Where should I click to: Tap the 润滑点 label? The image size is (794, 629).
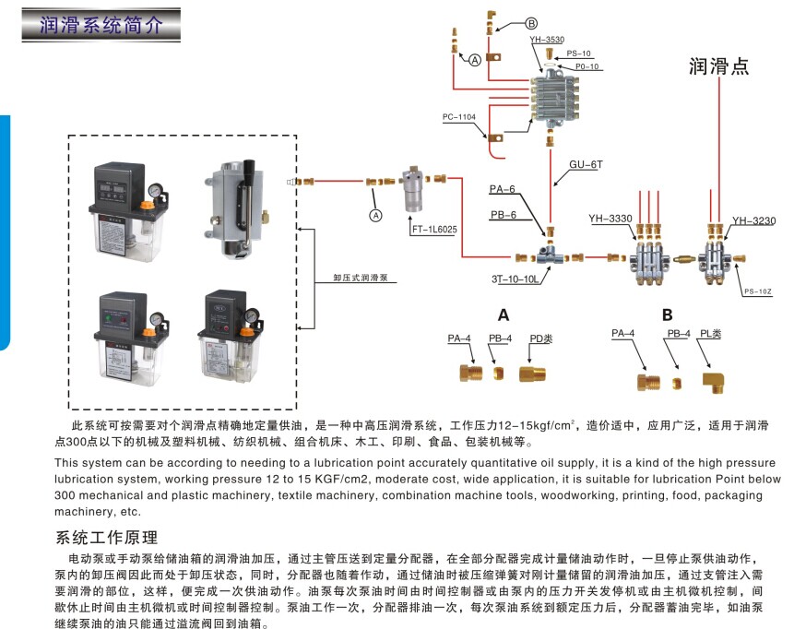(718, 66)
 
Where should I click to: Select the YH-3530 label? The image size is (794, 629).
(547, 42)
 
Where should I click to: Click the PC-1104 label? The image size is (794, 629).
(459, 117)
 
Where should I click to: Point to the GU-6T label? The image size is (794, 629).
(584, 165)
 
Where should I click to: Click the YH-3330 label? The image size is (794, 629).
(610, 219)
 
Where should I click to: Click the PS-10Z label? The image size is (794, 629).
(756, 291)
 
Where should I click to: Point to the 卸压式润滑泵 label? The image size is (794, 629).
(359, 277)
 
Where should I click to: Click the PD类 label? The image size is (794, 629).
(541, 338)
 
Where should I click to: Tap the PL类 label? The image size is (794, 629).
(710, 333)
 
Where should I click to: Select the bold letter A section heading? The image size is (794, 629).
(504, 314)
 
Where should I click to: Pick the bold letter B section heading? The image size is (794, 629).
(667, 314)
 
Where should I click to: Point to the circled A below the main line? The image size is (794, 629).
(375, 215)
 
